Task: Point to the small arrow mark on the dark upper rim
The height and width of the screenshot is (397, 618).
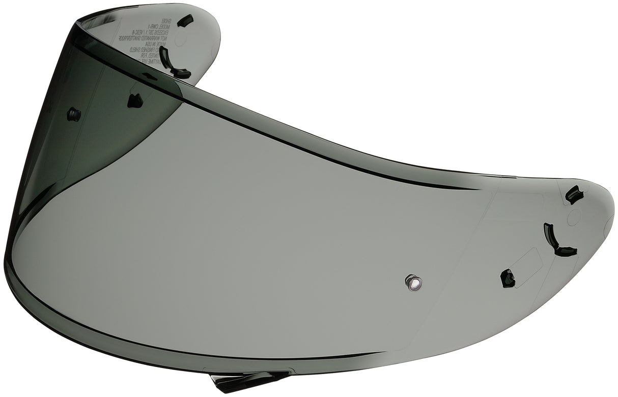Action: (149, 76)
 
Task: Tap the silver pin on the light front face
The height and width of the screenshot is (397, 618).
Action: (413, 281)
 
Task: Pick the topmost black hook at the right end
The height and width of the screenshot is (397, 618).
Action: (574, 194)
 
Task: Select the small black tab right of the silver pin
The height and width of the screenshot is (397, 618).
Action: (507, 278)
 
